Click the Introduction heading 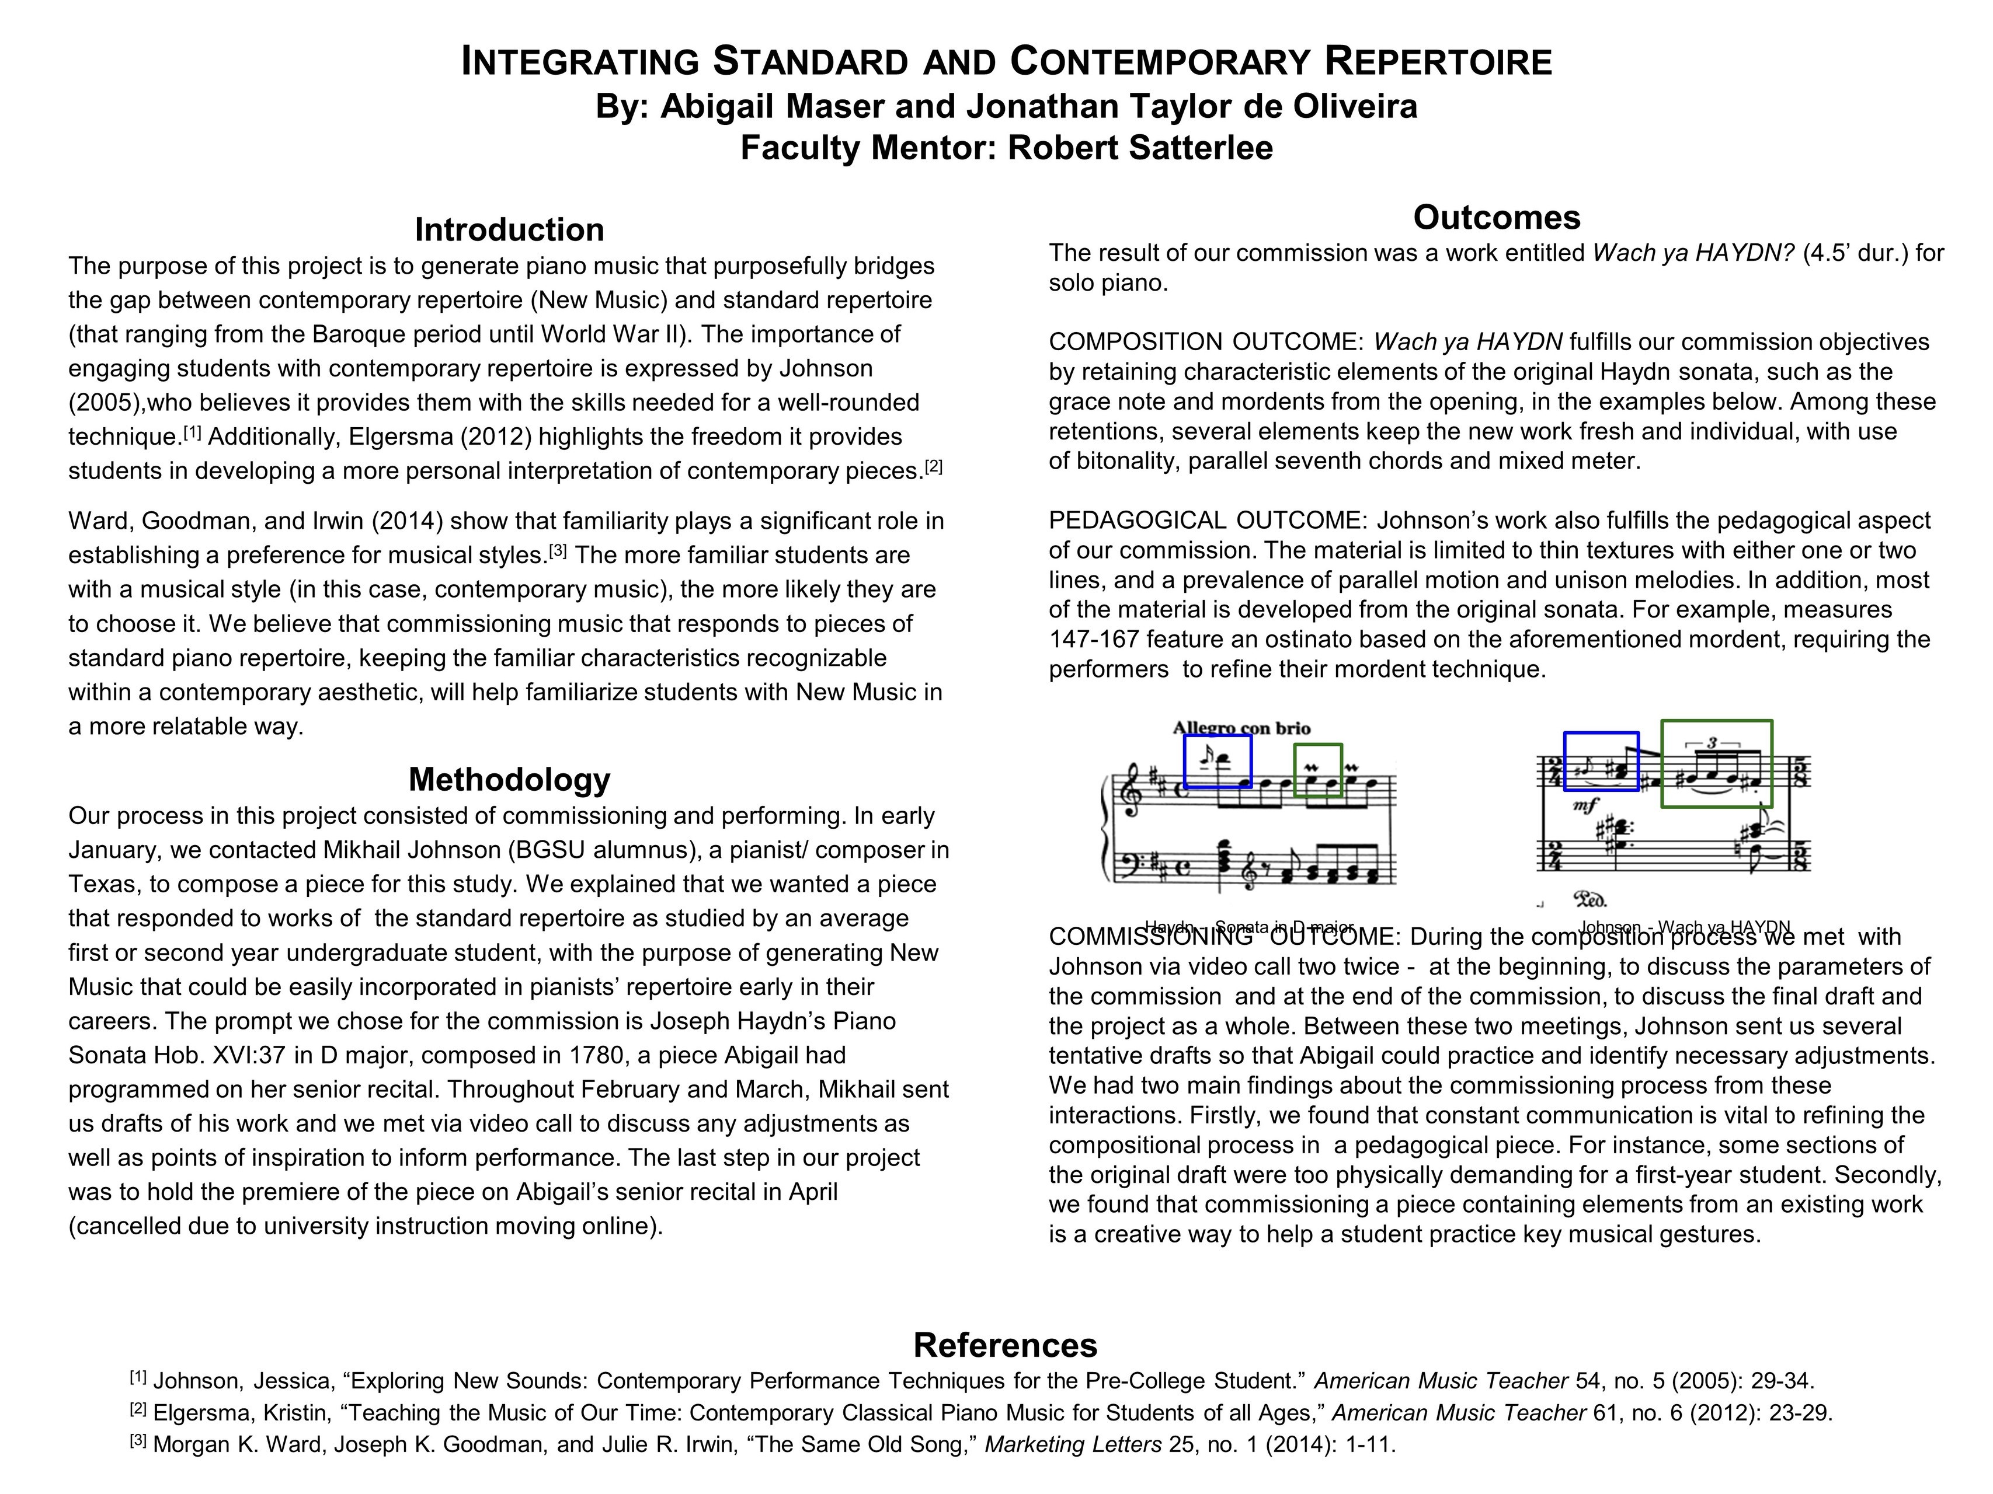click(509, 229)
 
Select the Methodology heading click(509, 779)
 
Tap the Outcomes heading click(1497, 218)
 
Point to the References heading click(1006, 1345)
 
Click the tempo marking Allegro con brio click(1241, 728)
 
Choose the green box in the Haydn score click(1318, 770)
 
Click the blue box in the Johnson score click(1601, 761)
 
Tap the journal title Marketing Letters click(1072, 1444)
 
